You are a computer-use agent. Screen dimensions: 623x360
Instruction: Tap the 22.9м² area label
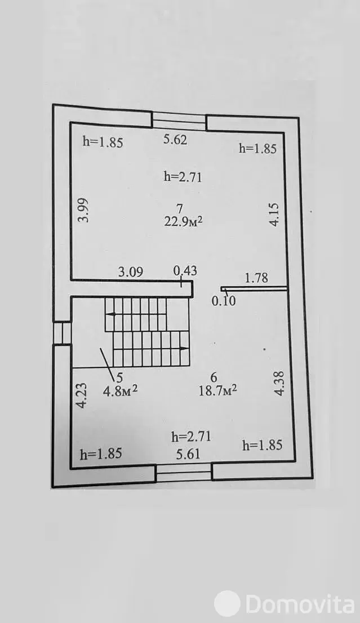[x=183, y=221]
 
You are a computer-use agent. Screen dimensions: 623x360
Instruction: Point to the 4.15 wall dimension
[x=274, y=215]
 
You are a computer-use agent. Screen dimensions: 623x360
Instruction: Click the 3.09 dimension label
[x=130, y=272]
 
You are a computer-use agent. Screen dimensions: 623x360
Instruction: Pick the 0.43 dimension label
[x=185, y=271]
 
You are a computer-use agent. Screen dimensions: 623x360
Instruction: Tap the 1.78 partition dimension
[x=256, y=277]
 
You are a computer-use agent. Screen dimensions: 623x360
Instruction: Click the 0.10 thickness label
[x=223, y=301]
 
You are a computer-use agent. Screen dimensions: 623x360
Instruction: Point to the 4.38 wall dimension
[x=279, y=382]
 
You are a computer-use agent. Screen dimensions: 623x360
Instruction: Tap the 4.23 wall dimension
[x=81, y=396]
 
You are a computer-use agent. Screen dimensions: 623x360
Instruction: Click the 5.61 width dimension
[x=188, y=454]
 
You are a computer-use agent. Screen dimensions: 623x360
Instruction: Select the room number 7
[x=180, y=208]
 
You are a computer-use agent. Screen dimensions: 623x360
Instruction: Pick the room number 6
[x=213, y=377]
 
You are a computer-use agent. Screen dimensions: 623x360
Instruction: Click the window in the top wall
[x=179, y=121]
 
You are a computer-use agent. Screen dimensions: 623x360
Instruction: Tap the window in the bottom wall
[x=184, y=473]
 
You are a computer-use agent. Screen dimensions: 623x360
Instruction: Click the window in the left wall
[x=62, y=332]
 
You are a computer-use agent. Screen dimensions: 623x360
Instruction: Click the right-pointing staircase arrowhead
[x=185, y=349]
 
